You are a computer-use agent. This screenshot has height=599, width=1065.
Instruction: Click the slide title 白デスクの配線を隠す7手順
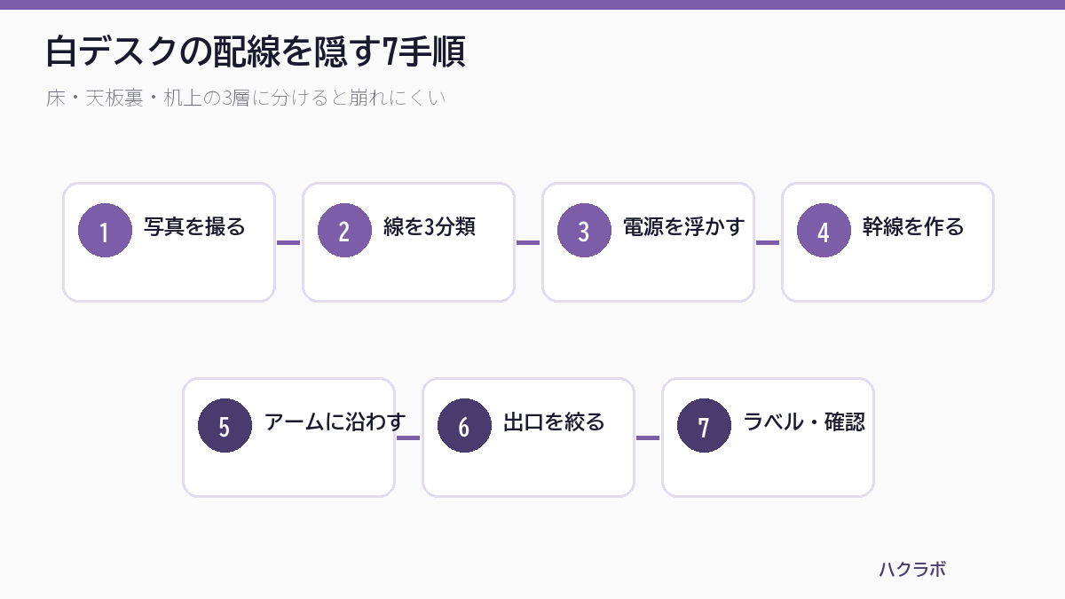coord(256,51)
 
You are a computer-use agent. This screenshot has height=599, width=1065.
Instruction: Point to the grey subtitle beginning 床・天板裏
coord(246,98)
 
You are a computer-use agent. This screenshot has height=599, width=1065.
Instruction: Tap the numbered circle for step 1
coord(105,230)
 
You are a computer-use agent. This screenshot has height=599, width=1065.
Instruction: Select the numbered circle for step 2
coord(344,230)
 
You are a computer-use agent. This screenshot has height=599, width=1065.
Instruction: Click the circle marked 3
coord(584,230)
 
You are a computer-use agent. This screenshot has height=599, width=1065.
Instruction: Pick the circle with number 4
coord(824,230)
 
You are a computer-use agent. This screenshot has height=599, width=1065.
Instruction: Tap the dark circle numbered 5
coord(225,425)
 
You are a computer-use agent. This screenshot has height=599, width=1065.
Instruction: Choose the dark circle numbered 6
coord(464,425)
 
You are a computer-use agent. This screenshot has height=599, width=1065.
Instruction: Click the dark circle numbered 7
coord(704,425)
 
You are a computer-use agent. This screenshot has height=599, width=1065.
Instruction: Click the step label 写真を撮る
coord(194,227)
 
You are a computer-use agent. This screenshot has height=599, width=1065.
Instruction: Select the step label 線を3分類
coord(430,227)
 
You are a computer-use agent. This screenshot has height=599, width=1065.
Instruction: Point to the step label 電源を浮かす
coord(683,227)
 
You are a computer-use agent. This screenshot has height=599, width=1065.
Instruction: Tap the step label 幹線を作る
coord(913,227)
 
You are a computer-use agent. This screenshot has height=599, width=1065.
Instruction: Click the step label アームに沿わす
coord(335,422)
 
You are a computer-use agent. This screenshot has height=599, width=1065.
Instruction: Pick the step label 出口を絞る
coord(554,422)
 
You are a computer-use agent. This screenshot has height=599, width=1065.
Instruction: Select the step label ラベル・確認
coord(804,422)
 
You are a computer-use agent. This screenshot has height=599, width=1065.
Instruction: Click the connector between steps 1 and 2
coord(288,242)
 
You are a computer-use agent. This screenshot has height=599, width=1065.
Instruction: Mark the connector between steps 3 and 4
coord(768,242)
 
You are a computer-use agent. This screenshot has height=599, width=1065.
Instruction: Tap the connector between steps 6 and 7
coord(648,437)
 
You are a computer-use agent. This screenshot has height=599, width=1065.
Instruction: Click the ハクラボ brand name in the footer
coord(912,569)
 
